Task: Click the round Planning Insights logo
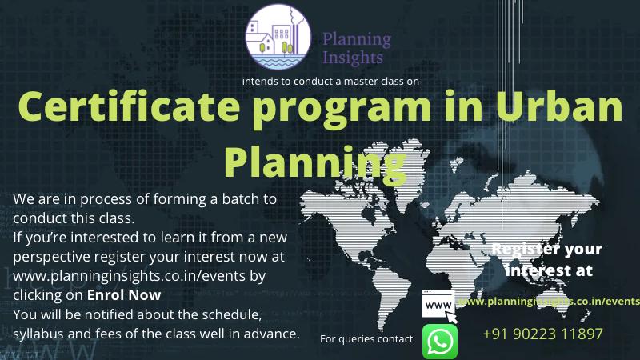coord(278,37)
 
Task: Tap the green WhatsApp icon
coord(439,342)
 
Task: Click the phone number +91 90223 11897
coord(542,334)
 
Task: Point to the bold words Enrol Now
coord(124,295)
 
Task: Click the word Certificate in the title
coord(129,106)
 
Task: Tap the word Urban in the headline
coord(559,106)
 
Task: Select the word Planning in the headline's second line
coord(315,162)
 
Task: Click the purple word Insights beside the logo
coord(353,57)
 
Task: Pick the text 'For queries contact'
coord(366,338)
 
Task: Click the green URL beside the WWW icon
coord(549,302)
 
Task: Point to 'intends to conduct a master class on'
coord(330,82)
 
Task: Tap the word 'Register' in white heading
coord(518,249)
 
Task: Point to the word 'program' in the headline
coord(342,110)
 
